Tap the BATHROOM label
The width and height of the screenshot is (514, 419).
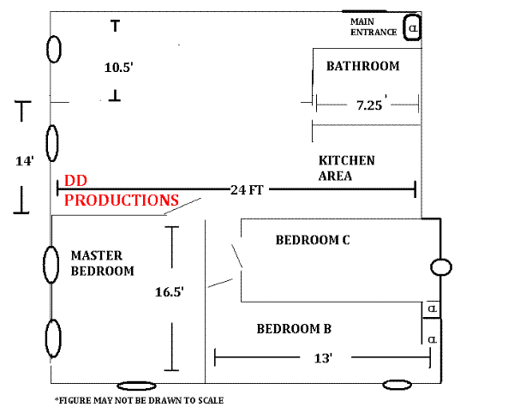[362, 66]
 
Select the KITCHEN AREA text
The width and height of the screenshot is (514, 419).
[346, 168]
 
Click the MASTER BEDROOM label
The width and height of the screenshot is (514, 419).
[102, 263]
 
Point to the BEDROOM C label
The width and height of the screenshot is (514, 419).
[312, 240]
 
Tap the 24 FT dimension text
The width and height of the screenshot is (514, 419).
[247, 190]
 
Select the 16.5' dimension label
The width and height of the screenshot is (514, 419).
[170, 292]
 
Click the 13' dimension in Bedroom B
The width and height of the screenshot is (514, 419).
[323, 358]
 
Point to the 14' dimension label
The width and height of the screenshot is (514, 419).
[25, 160]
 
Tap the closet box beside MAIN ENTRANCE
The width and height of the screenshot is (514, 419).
[412, 28]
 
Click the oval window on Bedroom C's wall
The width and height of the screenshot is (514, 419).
[440, 267]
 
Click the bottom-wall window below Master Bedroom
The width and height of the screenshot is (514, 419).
[136, 386]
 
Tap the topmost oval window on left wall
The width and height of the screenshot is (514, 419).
[53, 49]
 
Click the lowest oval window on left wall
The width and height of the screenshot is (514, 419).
[53, 338]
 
